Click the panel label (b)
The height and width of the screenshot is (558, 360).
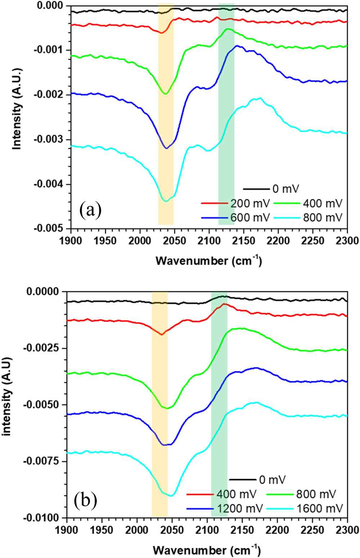[x=85, y=500]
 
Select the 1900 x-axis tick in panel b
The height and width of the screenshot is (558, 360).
[x=67, y=530]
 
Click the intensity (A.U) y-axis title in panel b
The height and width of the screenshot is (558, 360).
[x=7, y=396]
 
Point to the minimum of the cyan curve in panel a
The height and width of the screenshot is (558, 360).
[x=166, y=201]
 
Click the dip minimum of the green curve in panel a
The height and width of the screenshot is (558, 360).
[x=165, y=94]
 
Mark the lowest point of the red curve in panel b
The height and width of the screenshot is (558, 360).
[x=162, y=334]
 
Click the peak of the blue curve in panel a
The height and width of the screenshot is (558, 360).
[x=237, y=46]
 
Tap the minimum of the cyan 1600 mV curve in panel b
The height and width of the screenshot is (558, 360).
[x=171, y=496]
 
